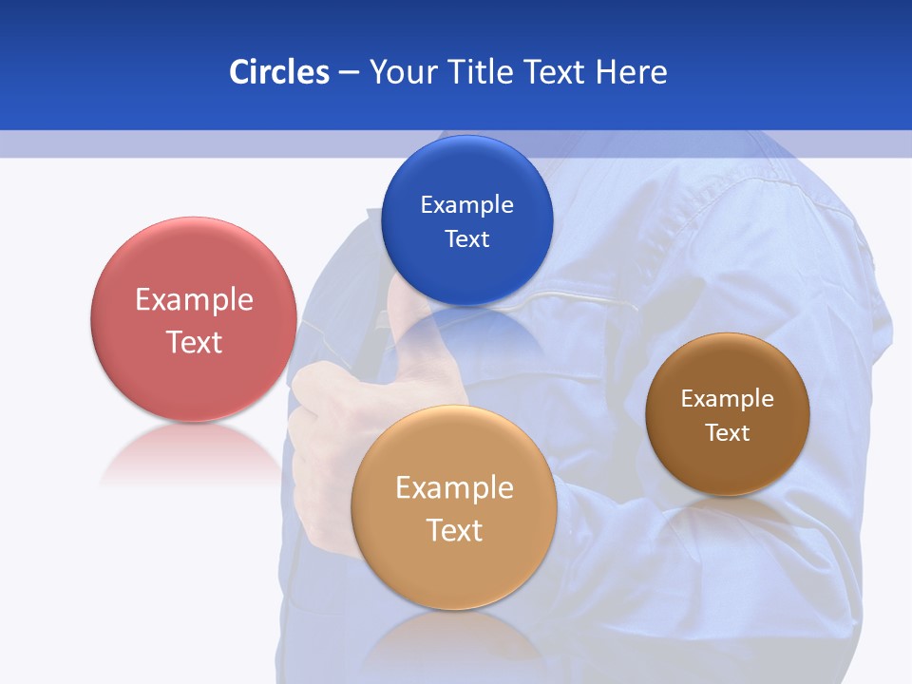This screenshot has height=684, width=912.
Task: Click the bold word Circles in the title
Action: click(278, 72)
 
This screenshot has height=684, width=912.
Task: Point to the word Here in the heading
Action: click(631, 72)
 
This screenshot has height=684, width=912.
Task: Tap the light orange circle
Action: click(454, 570)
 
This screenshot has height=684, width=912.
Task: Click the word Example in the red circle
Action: click(194, 300)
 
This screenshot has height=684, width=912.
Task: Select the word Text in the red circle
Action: click(194, 342)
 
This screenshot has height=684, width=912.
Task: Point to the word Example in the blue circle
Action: click(466, 204)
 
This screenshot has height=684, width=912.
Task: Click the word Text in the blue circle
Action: click(466, 238)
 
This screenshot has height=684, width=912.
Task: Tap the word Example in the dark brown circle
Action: click(727, 398)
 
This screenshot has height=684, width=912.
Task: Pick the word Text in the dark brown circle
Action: click(728, 432)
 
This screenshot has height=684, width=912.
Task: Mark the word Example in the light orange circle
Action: click(454, 488)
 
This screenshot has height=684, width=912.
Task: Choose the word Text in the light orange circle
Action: click(454, 530)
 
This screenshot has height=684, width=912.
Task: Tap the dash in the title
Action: click(349, 73)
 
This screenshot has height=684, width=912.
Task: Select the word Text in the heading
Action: click(555, 72)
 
